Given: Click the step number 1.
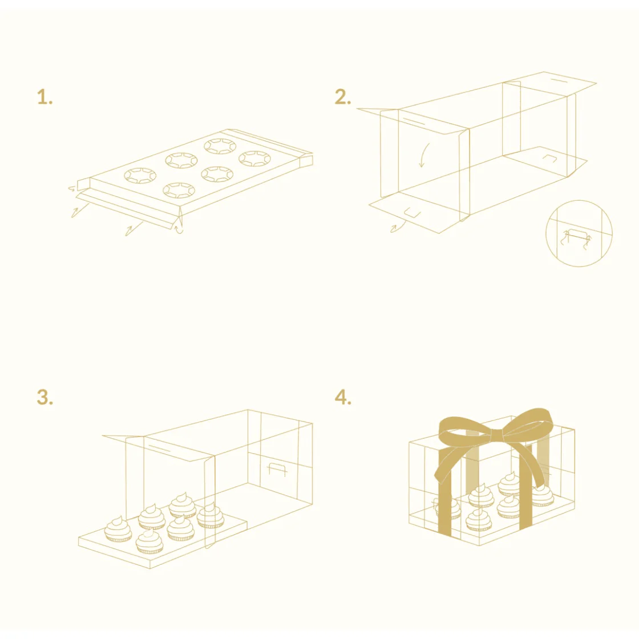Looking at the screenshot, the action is pos(45,97).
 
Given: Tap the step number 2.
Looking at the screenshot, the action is pos(343,97).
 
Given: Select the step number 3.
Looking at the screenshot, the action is pos(45,397).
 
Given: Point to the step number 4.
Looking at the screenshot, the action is pos(343,397).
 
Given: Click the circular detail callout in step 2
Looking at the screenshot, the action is pos(579,233).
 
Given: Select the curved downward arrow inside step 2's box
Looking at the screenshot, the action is pos(424,155).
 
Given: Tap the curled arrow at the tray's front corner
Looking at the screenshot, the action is pos(179,228).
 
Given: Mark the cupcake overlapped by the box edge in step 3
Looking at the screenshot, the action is pos(211,516).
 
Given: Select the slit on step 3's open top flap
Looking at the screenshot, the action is pos(159,448).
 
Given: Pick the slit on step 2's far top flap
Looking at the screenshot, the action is pos(559,80).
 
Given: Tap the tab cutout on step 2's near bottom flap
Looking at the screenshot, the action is pos(412,212).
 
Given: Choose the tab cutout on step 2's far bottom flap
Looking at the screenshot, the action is pos(549,157).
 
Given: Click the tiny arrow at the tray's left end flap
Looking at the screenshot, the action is pos(72,188).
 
